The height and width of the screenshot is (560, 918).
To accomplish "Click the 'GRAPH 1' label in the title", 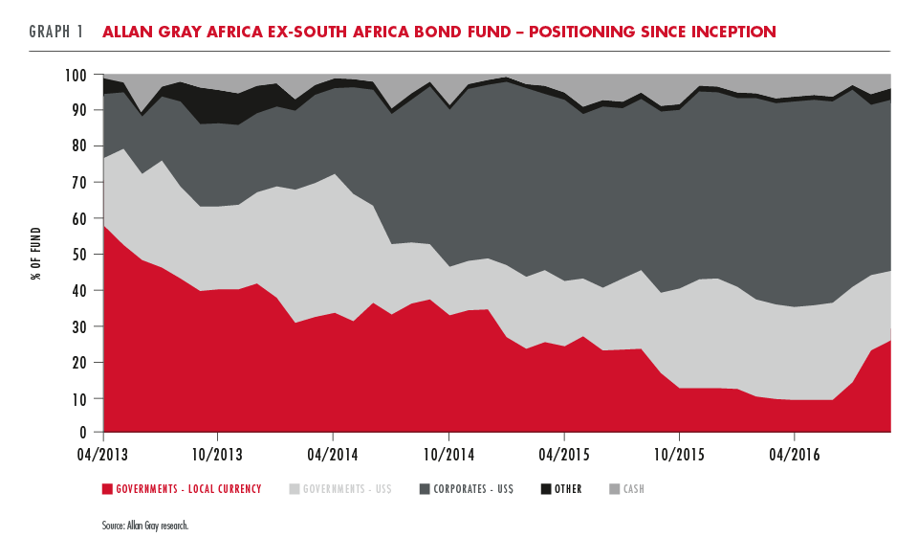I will tap(56, 32).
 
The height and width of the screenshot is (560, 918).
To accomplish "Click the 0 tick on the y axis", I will tap(85, 435).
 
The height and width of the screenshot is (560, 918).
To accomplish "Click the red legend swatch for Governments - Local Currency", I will tap(107, 489).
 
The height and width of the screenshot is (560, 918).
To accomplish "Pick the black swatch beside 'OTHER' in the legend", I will tap(546, 489).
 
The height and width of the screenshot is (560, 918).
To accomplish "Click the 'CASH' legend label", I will tap(634, 489).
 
